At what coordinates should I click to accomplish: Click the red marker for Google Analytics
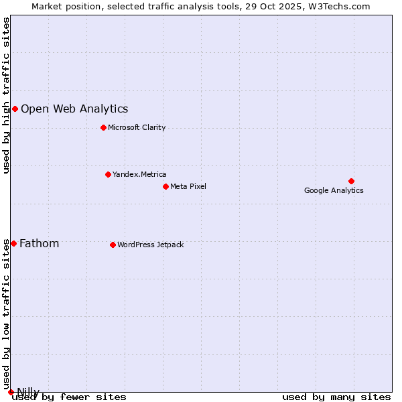pos(351,181)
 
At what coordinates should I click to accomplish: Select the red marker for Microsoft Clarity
pos(103,127)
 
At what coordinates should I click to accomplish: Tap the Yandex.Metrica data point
pos(108,174)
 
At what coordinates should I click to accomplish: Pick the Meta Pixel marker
pos(165,186)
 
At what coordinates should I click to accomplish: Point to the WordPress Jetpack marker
pos(113,245)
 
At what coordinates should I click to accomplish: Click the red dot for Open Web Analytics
pos(15,109)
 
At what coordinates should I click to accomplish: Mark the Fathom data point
pos(13,243)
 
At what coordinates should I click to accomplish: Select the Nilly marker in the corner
pos(11,392)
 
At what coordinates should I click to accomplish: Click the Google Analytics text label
pos(334,191)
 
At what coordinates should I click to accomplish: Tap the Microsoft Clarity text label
pos(137,128)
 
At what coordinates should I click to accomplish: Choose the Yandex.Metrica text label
pos(139,175)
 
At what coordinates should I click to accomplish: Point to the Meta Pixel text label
pos(188,187)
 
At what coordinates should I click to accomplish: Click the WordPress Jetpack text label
pos(150,245)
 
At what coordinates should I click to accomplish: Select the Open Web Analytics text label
pos(74,109)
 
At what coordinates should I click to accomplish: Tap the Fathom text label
pos(39,244)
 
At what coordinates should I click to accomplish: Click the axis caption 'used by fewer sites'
pos(70,397)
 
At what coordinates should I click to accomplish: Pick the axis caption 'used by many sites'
pos(336,397)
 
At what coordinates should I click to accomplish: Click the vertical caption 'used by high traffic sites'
pos(7,95)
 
